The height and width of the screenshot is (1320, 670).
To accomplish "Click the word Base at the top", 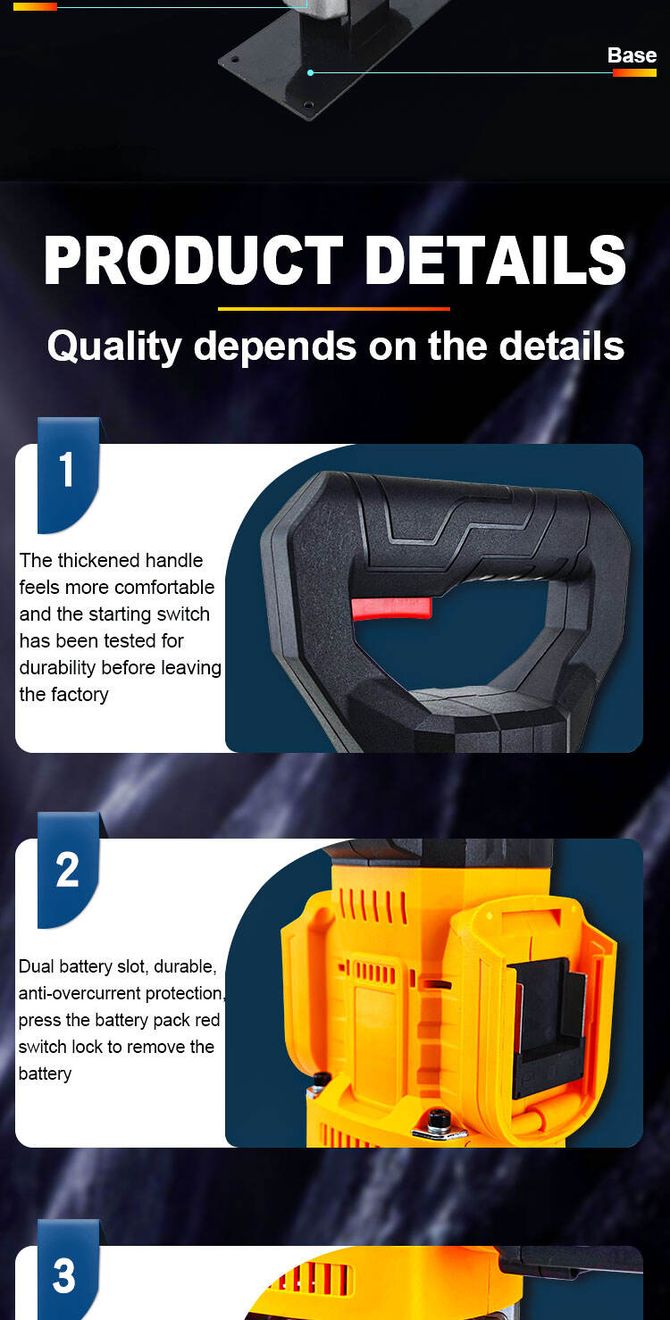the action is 632,55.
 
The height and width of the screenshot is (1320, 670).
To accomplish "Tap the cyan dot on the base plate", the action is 311,72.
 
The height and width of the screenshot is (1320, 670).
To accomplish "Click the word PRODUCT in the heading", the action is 193,260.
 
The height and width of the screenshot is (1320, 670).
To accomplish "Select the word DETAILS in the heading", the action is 495,260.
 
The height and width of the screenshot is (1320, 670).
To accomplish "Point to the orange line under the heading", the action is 333,308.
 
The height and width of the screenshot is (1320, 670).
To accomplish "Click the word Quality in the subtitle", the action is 114,347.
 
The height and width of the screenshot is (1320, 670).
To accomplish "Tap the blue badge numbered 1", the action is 69,475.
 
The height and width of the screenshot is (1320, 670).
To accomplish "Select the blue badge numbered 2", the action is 69,870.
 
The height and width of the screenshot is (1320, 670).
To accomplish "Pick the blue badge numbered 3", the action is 69,1270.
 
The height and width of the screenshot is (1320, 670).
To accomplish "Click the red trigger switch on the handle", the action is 391,608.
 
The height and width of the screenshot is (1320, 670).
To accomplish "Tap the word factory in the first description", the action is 80,695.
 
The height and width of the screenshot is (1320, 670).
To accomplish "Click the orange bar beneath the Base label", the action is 634,72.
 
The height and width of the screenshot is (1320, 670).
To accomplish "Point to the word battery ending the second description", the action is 45,1074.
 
